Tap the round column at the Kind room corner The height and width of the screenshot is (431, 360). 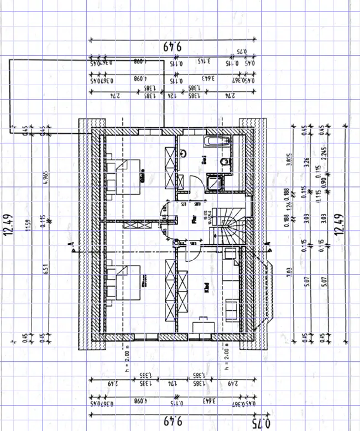point(175,242)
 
